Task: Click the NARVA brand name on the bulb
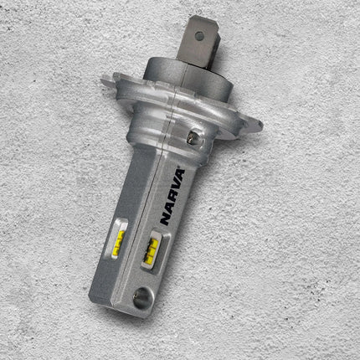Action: (x=172, y=197)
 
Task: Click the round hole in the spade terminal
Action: (x=198, y=35)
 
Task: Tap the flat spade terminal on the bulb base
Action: (x=198, y=42)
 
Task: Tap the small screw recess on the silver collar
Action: (x=193, y=136)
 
